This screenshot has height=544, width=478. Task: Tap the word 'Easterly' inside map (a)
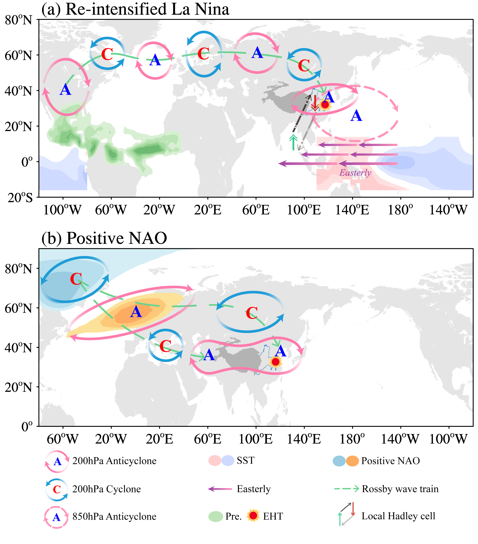[x=355, y=173]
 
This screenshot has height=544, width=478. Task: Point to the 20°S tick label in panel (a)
[x=20, y=197]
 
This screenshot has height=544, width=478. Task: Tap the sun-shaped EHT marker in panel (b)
[x=275, y=362]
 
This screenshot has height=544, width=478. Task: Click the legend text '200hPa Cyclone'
[x=106, y=489]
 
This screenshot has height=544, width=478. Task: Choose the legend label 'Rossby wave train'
[x=400, y=489]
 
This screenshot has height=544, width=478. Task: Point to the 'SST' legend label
[x=246, y=460]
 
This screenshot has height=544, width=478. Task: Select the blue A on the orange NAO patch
[x=136, y=312]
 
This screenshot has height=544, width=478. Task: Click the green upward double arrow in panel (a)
[x=293, y=142]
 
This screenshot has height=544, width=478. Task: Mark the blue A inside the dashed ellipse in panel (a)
[x=356, y=116]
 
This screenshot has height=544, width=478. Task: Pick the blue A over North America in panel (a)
[x=65, y=89]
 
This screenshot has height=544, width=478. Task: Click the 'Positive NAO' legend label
[x=390, y=461]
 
